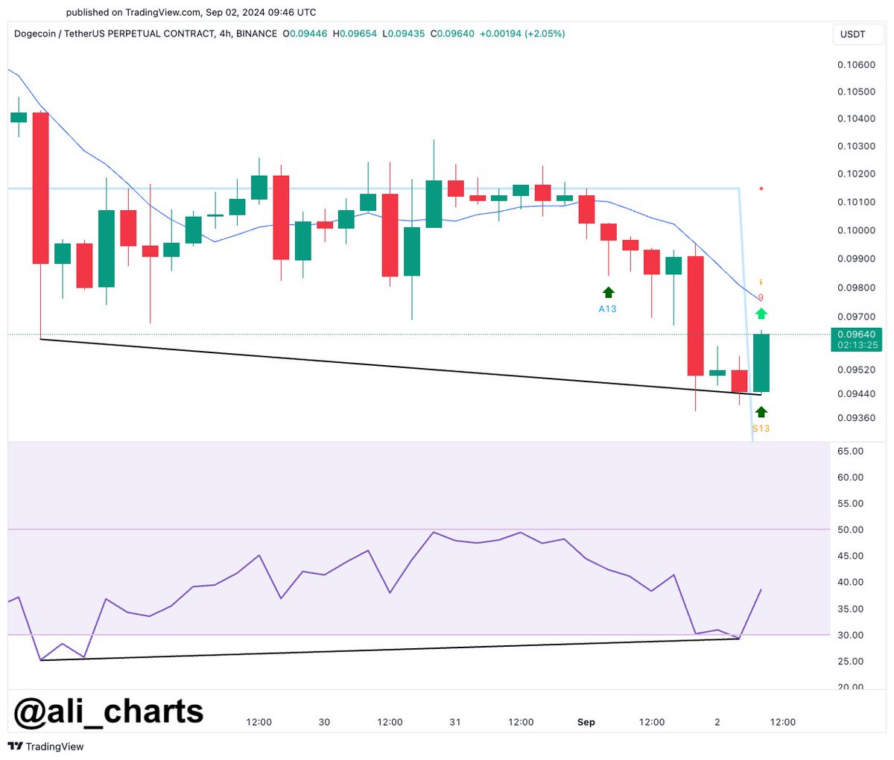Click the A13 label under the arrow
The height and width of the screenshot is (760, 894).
pos(607,308)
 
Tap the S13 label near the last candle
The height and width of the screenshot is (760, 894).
pos(761,428)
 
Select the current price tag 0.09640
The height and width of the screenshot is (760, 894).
pos(857,335)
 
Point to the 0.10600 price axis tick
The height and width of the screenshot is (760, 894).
pos(856,65)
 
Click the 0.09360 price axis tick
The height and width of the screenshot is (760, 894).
pos(856,418)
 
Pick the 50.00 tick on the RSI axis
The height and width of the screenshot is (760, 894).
pos(850,530)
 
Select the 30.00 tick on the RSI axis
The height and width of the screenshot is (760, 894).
pos(850,635)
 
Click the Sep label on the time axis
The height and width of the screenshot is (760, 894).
pos(586,722)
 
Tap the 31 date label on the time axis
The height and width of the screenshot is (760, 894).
pos(455,722)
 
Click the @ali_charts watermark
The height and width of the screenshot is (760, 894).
pos(109,711)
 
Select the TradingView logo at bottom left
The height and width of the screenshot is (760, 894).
pos(46,746)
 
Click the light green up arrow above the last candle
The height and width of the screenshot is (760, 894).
pos(761,314)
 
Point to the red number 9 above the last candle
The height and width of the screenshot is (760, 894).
pos(761,297)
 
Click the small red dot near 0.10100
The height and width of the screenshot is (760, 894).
pos(761,189)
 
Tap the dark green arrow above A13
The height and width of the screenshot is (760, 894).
pos(608,292)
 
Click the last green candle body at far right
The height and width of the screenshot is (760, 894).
pos(761,363)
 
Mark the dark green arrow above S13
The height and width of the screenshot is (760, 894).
pos(761,412)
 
